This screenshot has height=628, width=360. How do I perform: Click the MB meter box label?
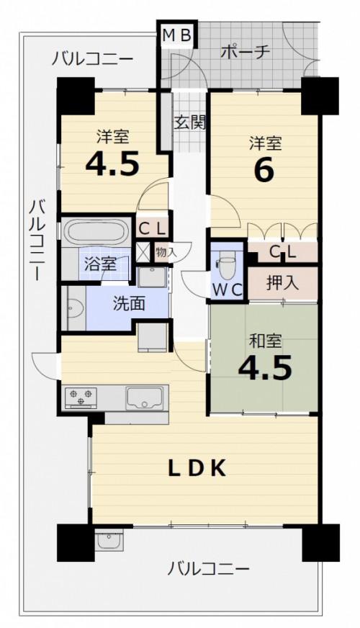click(x=176, y=35)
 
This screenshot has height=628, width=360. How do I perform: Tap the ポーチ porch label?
click(x=246, y=52)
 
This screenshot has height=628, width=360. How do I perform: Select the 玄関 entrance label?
click(x=189, y=123)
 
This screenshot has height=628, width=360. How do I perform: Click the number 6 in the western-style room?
click(x=264, y=170)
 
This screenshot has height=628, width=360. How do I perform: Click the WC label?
click(x=227, y=290)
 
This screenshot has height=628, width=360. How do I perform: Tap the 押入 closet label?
click(x=282, y=283)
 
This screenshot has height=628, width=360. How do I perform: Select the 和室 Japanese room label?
click(x=265, y=341)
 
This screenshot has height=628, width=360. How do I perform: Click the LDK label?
click(x=197, y=468)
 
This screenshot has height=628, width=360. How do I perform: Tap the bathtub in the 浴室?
click(x=96, y=231)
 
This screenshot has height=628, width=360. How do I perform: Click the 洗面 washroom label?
click(x=129, y=305)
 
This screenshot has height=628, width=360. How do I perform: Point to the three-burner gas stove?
click(x=81, y=398)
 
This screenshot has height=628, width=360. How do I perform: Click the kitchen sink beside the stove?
click(x=145, y=398)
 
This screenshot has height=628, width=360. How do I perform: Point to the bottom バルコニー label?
click(x=208, y=569)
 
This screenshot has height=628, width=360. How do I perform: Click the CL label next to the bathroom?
click(x=152, y=229)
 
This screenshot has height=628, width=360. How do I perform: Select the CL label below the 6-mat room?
click(x=282, y=251)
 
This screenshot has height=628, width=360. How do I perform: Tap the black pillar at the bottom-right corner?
click(x=320, y=543)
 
